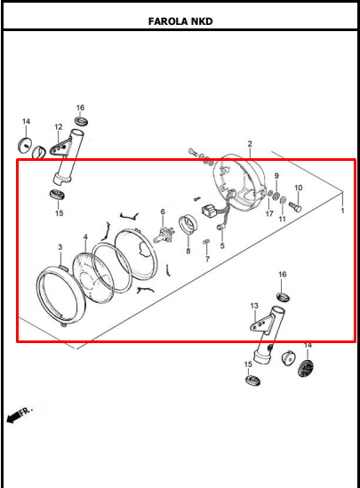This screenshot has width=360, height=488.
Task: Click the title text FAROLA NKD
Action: tap(180, 21)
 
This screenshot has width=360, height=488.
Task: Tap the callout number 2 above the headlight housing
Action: tap(250, 144)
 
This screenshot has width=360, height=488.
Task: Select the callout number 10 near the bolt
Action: tap(298, 188)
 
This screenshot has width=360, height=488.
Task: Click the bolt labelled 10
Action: tap(295, 206)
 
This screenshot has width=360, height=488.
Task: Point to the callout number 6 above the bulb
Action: tap(163, 212)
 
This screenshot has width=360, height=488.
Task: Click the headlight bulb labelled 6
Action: tap(164, 235)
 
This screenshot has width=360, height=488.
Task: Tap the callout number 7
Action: tap(207, 259)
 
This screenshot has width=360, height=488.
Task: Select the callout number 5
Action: tap(222, 245)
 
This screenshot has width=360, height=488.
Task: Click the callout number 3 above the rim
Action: tap(60, 247)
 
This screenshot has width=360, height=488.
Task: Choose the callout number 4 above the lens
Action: tap(85, 237)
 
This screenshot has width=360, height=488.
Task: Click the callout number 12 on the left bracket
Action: tap(59, 127)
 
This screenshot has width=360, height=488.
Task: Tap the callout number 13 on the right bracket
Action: tap(254, 306)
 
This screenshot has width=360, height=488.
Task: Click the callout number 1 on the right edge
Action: tap(342, 211)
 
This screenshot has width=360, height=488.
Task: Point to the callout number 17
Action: tap(269, 213)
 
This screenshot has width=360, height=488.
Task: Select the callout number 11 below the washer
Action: tap(282, 219)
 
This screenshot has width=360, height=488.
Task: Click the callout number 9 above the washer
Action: tap(276, 176)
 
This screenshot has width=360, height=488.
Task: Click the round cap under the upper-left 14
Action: tap(25, 144)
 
